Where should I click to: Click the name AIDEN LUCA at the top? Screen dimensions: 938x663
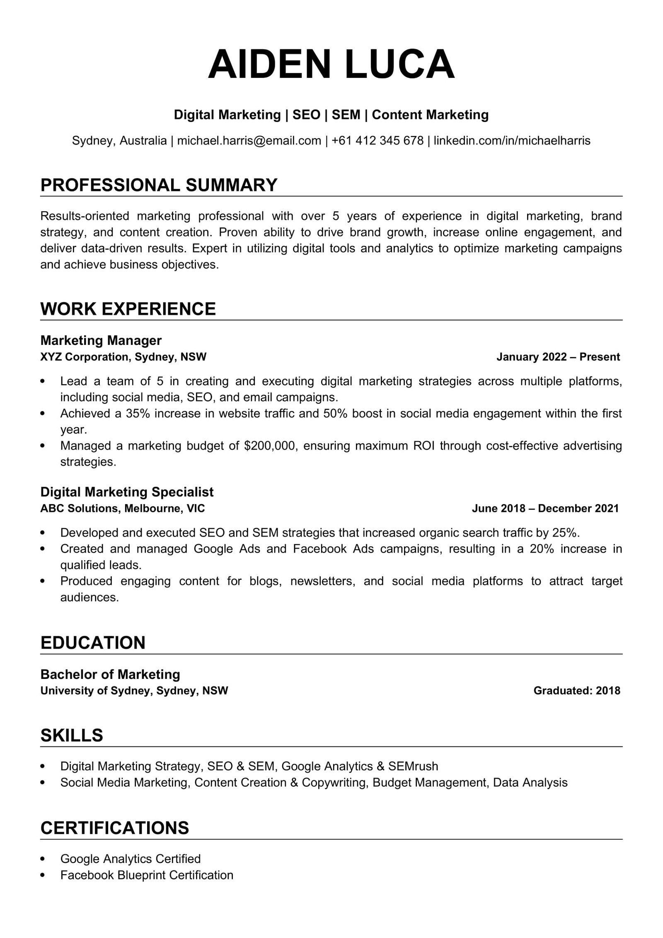click(331, 64)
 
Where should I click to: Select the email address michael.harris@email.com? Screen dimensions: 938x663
click(249, 141)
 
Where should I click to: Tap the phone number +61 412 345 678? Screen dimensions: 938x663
click(377, 141)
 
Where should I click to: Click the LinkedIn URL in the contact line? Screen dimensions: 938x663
click(512, 141)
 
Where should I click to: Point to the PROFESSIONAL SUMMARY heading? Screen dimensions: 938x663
click(159, 185)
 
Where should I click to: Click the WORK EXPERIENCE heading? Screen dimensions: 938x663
click(128, 309)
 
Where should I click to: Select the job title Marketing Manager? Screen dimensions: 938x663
click(101, 340)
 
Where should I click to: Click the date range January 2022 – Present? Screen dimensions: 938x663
click(558, 357)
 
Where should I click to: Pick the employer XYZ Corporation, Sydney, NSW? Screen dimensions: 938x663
click(123, 357)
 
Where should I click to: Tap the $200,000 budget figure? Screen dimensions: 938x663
click(271, 446)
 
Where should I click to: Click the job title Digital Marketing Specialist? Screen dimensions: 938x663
click(127, 492)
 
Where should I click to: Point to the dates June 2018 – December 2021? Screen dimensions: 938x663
click(545, 508)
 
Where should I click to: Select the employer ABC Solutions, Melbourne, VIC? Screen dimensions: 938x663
click(122, 508)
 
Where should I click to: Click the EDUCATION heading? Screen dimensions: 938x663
click(93, 643)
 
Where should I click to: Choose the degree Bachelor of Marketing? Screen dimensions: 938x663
click(110, 674)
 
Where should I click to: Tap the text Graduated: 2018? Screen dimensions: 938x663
click(576, 691)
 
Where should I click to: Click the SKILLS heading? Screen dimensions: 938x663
click(72, 735)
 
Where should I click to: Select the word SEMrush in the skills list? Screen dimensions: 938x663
click(413, 766)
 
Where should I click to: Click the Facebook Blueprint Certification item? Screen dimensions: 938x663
click(147, 875)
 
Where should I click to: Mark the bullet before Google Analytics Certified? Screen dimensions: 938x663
click(43, 859)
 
